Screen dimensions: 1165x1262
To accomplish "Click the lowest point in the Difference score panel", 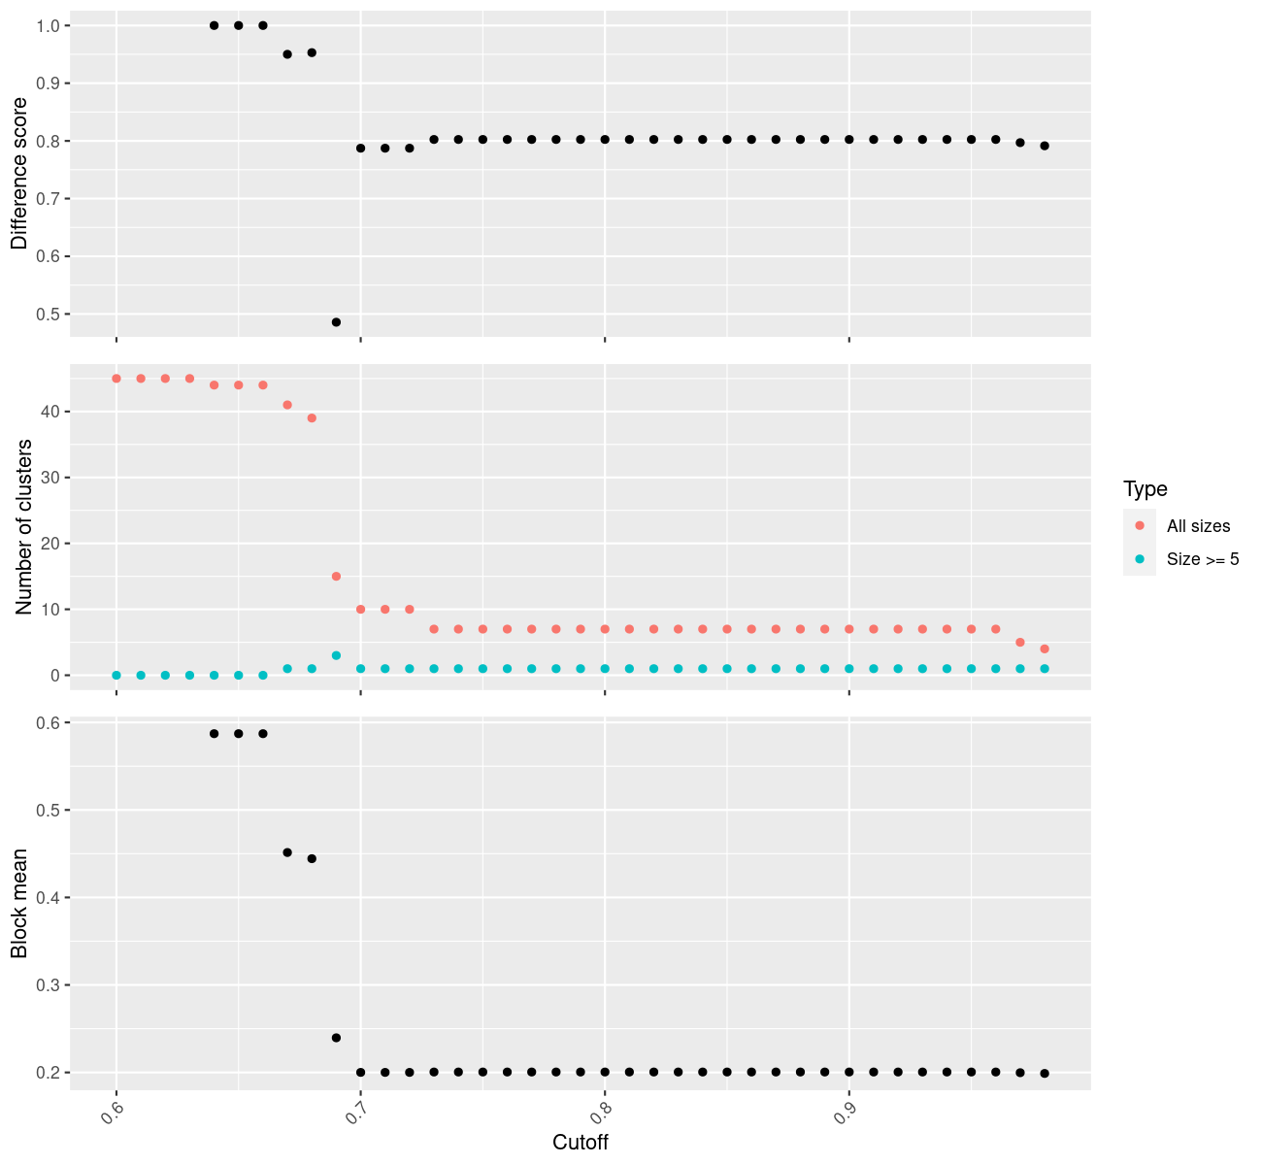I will [336, 322].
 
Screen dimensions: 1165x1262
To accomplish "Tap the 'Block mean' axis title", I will [19, 903].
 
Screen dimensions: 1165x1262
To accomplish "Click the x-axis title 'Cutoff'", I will [581, 1143].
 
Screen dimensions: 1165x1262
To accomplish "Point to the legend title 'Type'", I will [1146, 489].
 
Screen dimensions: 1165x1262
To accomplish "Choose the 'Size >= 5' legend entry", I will [1203, 559].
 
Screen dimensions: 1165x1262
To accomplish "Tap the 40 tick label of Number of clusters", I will [50, 412].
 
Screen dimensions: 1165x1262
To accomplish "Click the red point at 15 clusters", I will [336, 577].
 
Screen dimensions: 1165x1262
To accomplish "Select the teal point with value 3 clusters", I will [336, 655].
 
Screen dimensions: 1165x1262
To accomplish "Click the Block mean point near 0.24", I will [336, 1038].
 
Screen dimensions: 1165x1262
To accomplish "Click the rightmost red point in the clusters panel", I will [1045, 649].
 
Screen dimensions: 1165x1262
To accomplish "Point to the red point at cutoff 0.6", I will [116, 379].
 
